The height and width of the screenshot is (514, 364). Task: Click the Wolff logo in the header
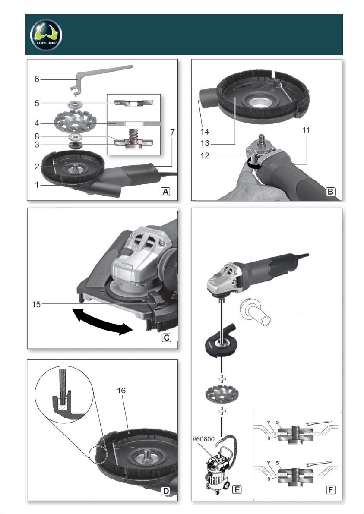tap(46, 35)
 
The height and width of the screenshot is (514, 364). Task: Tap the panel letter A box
tap(166, 192)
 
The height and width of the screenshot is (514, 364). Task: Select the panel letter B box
tap(331, 192)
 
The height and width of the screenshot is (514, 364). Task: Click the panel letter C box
tap(166, 338)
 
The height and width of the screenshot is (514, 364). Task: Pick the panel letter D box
tap(166, 491)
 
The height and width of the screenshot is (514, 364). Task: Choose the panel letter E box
tap(237, 489)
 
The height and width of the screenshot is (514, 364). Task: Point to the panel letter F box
tap(331, 490)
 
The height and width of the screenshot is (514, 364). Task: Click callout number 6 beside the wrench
tap(37, 79)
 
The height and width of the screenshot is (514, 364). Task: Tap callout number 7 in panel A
tap(172, 132)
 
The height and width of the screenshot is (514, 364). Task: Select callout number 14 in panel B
tap(205, 132)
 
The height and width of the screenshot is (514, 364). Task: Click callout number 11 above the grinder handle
tap(306, 130)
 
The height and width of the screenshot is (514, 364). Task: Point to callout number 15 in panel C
tap(36, 305)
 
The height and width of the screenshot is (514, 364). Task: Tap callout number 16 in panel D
tap(121, 391)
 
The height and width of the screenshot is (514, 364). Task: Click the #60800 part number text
tap(203, 439)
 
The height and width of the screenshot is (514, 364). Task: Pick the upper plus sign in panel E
tap(222, 379)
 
